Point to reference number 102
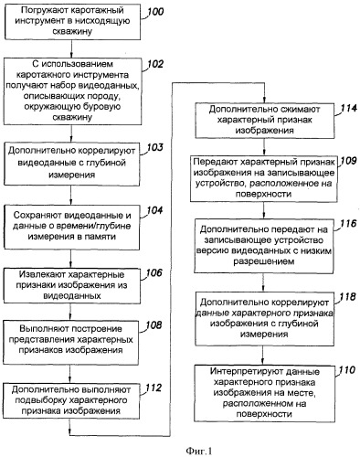coord(157,65)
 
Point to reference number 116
coord(345,223)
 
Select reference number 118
coord(345,297)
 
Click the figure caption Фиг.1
coord(179,448)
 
